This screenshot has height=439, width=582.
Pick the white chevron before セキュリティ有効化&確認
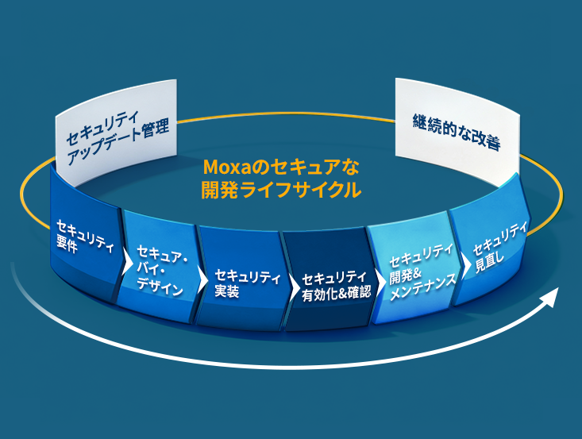coord(291,281)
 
